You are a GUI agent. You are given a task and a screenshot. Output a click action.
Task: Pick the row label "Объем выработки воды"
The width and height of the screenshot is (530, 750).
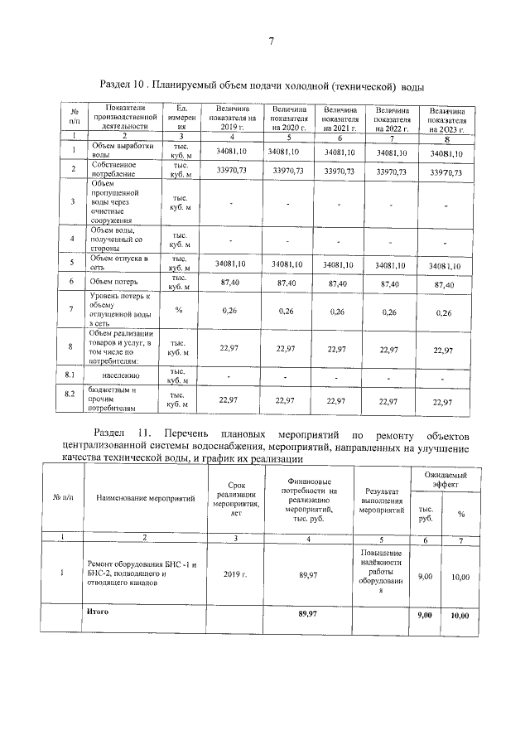coord(111,150)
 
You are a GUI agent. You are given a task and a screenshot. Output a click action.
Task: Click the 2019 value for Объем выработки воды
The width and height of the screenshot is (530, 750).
coord(232,152)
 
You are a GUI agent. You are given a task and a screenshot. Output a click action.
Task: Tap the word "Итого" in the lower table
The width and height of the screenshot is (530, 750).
coord(98,612)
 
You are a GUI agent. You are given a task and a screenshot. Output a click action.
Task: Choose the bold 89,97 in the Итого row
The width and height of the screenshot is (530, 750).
coord(308,615)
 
